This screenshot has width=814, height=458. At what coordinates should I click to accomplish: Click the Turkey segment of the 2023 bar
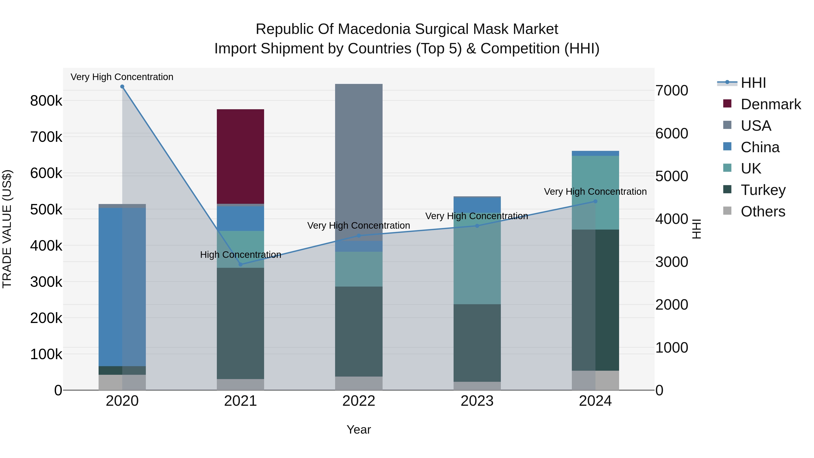point(477,343)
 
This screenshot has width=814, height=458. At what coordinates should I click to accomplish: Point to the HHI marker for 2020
point(122,87)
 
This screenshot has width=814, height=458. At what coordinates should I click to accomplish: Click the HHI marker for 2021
point(241,264)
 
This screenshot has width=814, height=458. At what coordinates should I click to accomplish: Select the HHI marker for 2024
point(595,201)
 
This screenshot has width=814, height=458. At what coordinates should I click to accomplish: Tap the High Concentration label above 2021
point(241,254)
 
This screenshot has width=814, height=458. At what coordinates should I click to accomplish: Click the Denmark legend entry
point(770,104)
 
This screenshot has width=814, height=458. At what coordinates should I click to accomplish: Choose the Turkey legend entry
point(763,190)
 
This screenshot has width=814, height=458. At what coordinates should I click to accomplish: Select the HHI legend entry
point(753,83)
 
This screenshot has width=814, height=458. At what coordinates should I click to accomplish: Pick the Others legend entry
point(762,211)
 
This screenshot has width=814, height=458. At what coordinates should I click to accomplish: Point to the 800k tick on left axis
point(46,101)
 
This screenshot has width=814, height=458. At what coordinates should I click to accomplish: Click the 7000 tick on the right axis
point(672,90)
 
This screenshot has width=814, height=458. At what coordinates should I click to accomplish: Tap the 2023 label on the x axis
point(477,401)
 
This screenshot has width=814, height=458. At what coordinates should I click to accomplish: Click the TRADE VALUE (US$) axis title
point(7,229)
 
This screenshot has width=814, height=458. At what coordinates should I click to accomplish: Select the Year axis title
point(359,430)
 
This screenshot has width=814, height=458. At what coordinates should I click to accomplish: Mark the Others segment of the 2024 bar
point(595,380)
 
